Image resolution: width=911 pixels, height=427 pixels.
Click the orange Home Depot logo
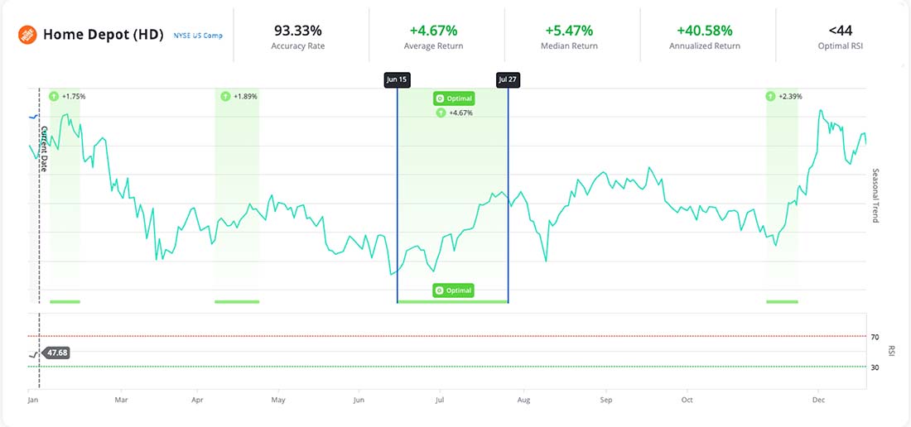coord(28,35)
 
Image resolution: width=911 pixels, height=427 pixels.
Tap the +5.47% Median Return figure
coord(569,31)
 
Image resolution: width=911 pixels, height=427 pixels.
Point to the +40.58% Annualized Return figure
coord(705,31)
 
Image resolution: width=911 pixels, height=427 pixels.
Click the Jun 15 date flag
coord(398,79)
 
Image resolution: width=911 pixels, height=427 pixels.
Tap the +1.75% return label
coord(73,96)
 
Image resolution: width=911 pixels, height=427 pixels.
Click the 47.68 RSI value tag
coord(57,353)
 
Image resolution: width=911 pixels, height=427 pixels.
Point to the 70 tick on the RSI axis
coord(875,337)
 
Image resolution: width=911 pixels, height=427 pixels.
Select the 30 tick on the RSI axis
coord(875,367)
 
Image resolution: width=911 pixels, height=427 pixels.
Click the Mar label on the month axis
coord(121,400)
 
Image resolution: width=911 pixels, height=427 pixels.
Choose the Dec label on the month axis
coord(818,400)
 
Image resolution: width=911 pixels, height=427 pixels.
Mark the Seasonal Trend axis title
coord(875,195)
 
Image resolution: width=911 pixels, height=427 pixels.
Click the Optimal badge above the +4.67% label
coord(454,98)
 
